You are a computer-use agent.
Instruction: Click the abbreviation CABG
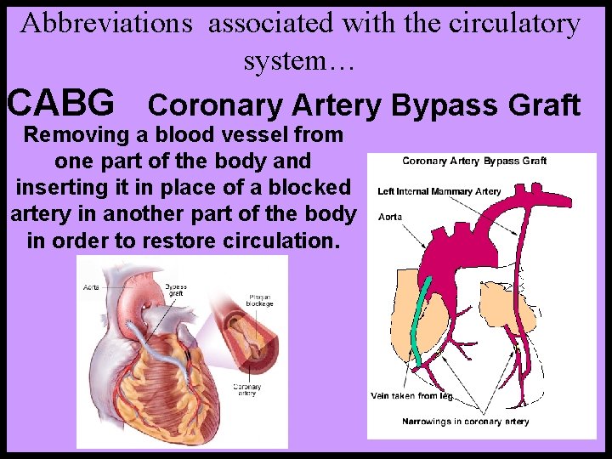pyautogui.click(x=60, y=104)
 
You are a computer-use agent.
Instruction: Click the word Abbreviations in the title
pyautogui.click(x=107, y=23)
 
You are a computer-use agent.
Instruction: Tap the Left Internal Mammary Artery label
pyautogui.click(x=439, y=192)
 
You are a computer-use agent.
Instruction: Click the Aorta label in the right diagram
pyautogui.click(x=389, y=217)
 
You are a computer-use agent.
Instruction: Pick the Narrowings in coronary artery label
pyautogui.click(x=465, y=422)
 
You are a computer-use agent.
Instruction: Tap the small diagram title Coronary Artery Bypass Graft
pyautogui.click(x=473, y=161)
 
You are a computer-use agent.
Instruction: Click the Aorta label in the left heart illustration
pyautogui.click(x=91, y=288)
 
